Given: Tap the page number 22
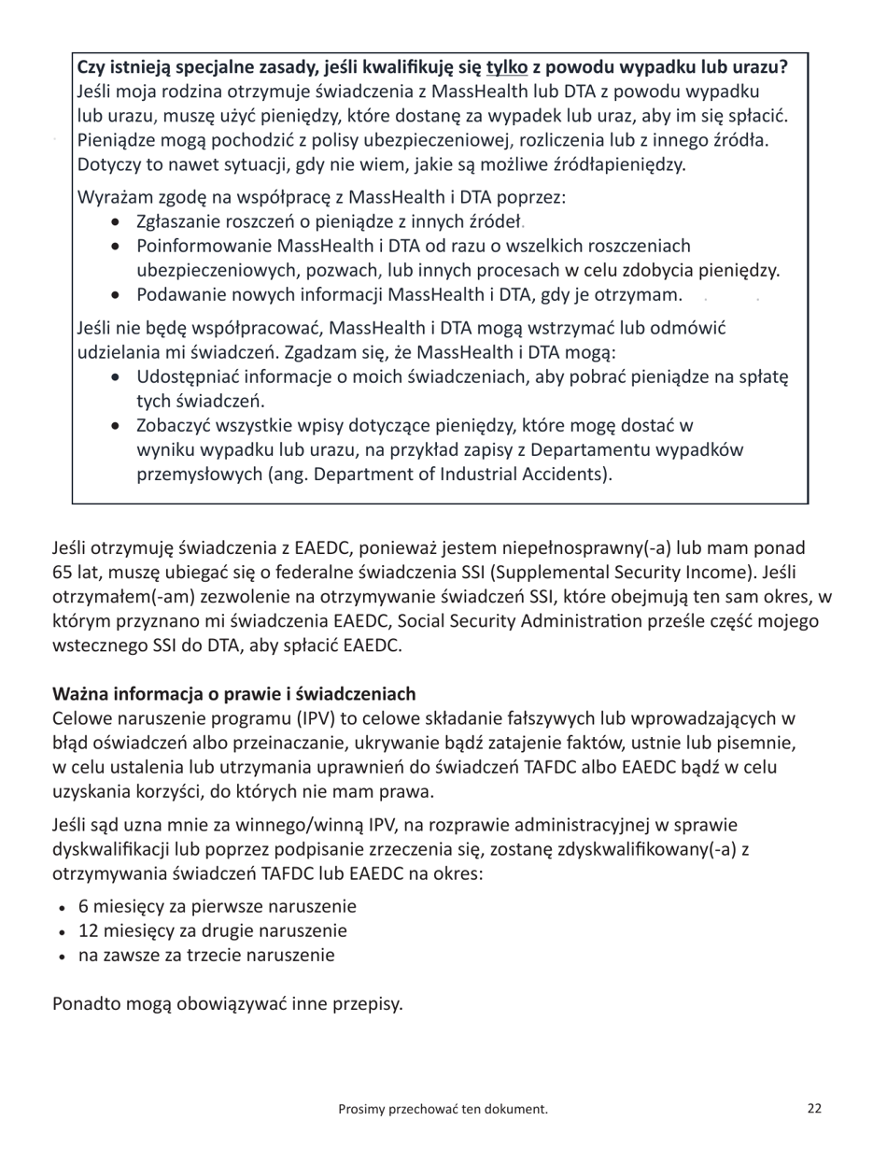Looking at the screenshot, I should coord(814,1109).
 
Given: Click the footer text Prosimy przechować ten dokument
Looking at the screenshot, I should coord(443,1109).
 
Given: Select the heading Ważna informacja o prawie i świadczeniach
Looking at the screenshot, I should coord(233,694).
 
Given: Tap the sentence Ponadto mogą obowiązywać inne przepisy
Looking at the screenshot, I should coord(228,1005).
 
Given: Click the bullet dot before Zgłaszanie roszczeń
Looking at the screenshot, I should coord(115,222).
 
